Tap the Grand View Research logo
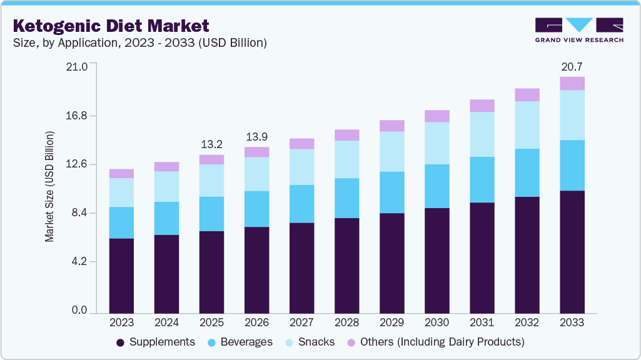coord(579,30)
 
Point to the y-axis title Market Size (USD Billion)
coord(49,187)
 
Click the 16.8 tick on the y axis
coord(78,116)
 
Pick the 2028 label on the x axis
coord(346,322)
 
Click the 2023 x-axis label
coord(121,322)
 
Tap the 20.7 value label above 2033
coord(572,66)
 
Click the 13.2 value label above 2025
coord(211,144)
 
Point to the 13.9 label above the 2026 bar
coord(256,136)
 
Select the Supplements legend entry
coord(156,342)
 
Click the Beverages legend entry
coord(240,342)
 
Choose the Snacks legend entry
coord(310,342)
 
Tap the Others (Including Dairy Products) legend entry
coord(435,342)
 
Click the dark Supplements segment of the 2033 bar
coord(572,251)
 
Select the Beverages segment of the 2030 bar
coord(437,186)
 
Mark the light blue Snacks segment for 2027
coord(301,167)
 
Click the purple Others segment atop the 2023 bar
coord(121,174)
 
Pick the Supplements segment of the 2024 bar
coord(166,274)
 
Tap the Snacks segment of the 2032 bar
coord(527,125)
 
